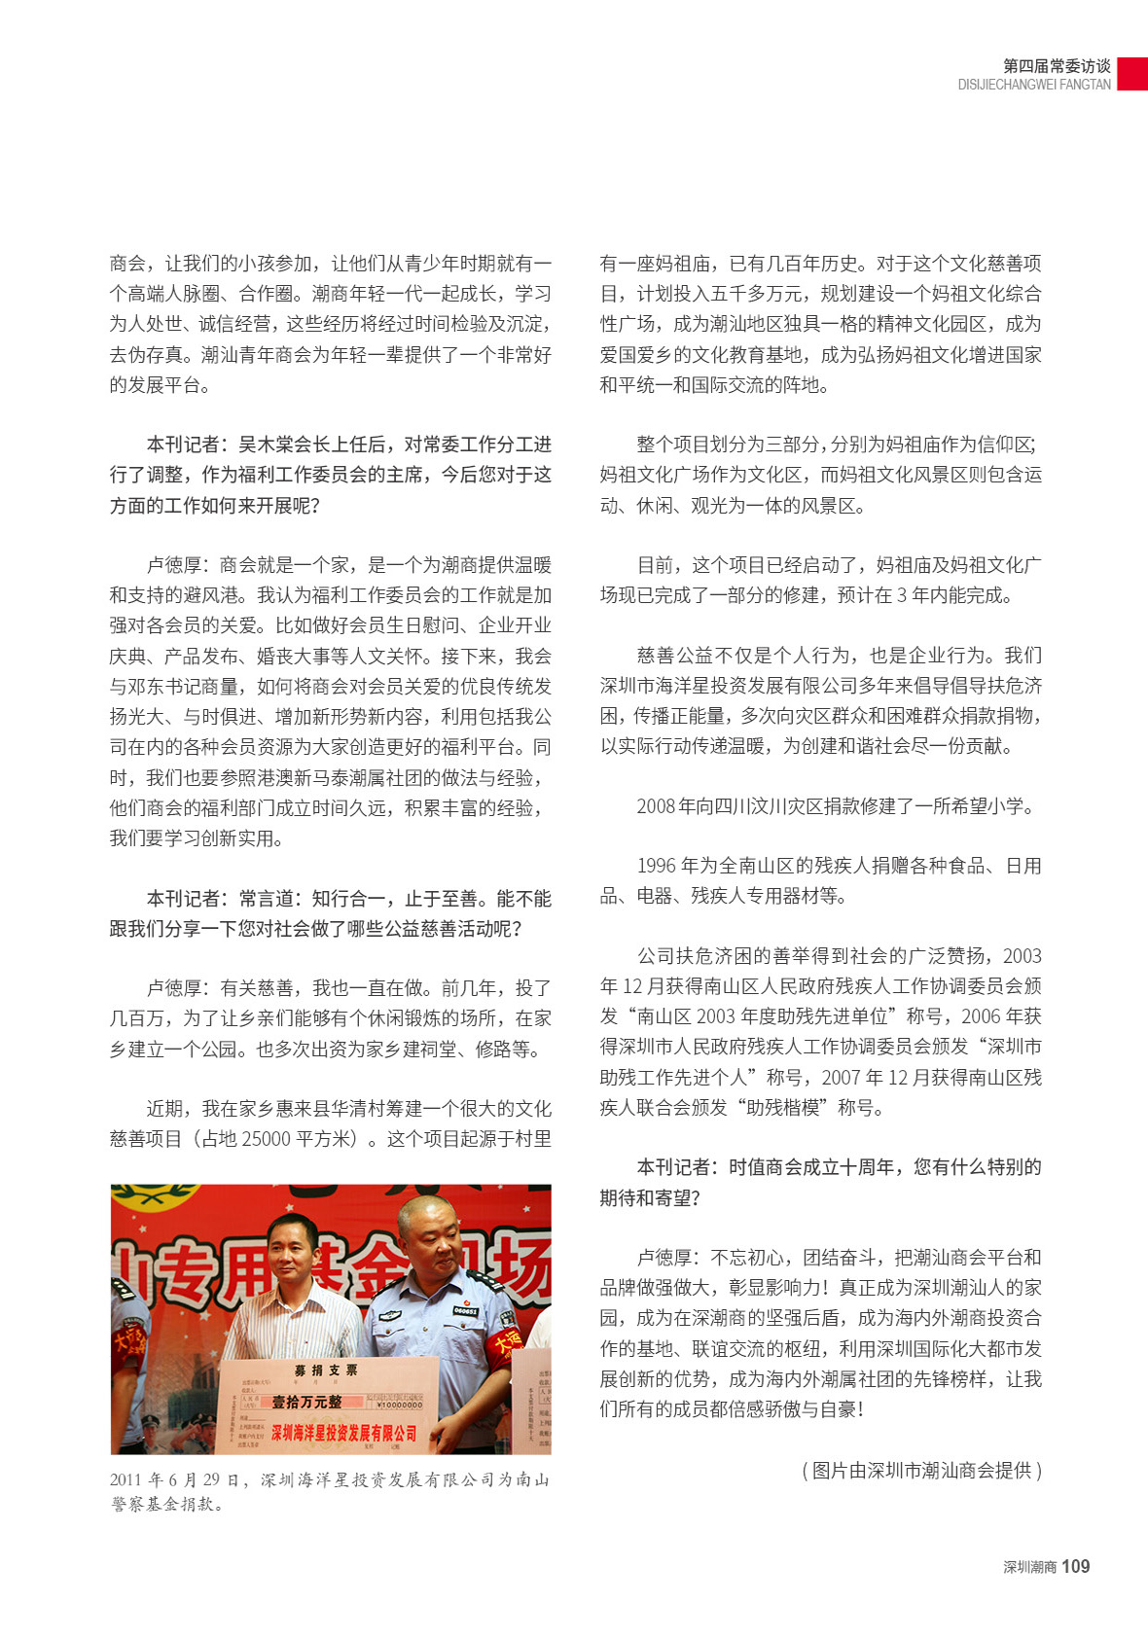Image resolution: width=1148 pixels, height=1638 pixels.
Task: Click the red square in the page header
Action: [1131, 74]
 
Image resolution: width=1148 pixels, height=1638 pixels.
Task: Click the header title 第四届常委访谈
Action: [1057, 66]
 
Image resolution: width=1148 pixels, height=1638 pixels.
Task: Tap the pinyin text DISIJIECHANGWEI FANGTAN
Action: [1033, 85]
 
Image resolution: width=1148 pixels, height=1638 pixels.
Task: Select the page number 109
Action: [1075, 1567]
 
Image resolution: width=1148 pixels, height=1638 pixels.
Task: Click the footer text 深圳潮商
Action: [1029, 1568]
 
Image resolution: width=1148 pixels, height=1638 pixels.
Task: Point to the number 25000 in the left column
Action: [265, 1139]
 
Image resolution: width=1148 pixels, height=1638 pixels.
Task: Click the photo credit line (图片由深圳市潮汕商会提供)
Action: [921, 1471]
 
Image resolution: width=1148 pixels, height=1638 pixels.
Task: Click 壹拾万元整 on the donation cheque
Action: [306, 1402]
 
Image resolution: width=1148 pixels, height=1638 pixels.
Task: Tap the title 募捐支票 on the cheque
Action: [326, 1371]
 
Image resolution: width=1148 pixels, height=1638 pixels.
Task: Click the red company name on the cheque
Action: [343, 1433]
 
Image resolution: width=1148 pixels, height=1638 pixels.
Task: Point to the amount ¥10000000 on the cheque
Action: [399, 1404]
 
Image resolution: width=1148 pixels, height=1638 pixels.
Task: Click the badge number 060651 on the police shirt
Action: [465, 1311]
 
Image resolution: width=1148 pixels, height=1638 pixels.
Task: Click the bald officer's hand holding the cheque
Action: [449, 1438]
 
